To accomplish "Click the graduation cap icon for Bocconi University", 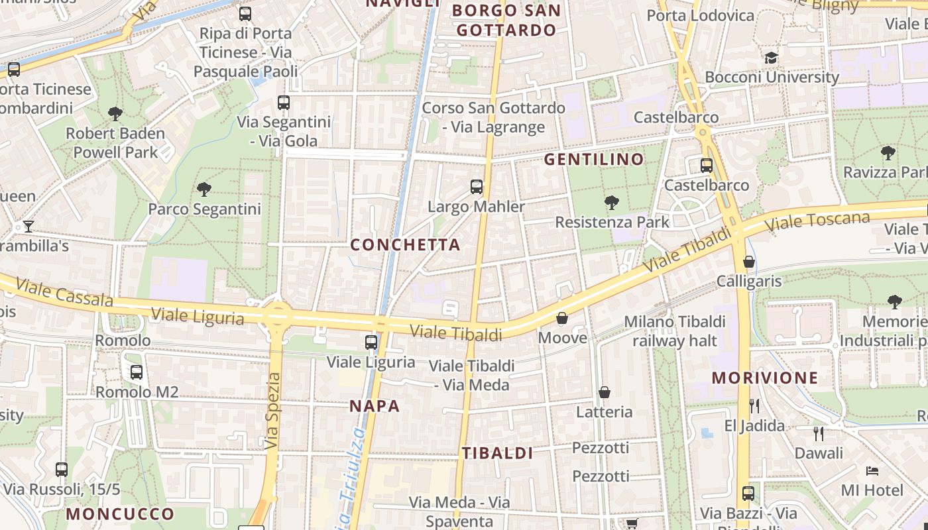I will pos(770,58).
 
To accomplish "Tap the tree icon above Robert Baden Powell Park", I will pos(115,114).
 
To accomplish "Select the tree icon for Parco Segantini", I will pos(204,189).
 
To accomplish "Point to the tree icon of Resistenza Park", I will pos(612,202).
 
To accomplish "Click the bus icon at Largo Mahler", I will pos(477,187).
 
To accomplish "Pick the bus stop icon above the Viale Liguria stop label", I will pos(371,343).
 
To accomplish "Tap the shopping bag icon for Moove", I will pos(562,319).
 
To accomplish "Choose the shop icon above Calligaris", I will pos(749,262).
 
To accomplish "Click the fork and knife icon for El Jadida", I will pos(754,405).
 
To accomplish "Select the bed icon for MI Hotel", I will pos(872,471).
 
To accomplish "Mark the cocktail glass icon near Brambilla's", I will pos(28,227).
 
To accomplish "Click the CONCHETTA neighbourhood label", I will pos(405,245).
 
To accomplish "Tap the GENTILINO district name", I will pos(594,159).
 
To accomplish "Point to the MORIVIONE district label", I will pos(765,378).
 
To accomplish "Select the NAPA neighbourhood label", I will pos(375,406).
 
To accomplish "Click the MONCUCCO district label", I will pos(120,513).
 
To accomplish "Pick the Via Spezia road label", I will pos(273,411).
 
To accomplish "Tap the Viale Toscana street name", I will pos(817,222).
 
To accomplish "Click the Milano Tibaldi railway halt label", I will pos(675,331).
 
